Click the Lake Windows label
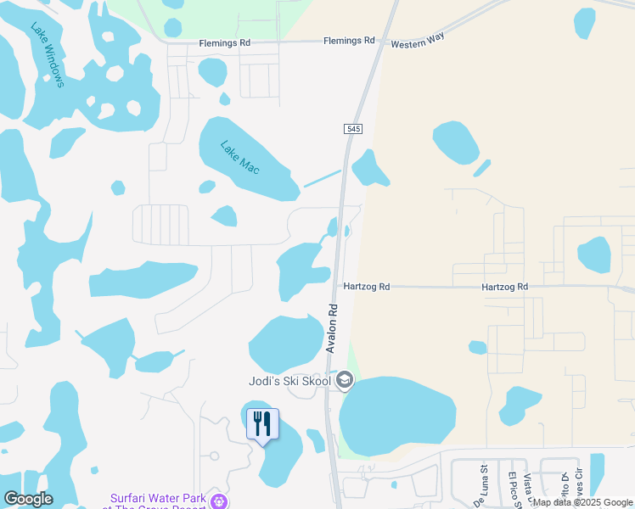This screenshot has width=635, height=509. [48, 54]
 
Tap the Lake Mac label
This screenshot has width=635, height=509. [239, 157]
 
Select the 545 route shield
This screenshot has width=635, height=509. [354, 128]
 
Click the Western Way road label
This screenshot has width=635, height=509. [419, 41]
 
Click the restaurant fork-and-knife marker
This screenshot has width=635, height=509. [262, 422]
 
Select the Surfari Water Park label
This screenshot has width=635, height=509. [159, 498]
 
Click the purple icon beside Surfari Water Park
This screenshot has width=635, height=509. [219, 501]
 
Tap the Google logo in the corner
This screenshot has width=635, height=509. [28, 498]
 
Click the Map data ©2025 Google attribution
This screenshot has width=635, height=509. [582, 502]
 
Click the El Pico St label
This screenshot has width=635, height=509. [512, 489]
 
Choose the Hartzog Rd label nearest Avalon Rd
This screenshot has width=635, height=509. [366, 287]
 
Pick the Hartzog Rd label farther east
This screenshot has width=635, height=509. [504, 287]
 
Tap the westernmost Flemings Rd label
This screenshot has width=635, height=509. [224, 42]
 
